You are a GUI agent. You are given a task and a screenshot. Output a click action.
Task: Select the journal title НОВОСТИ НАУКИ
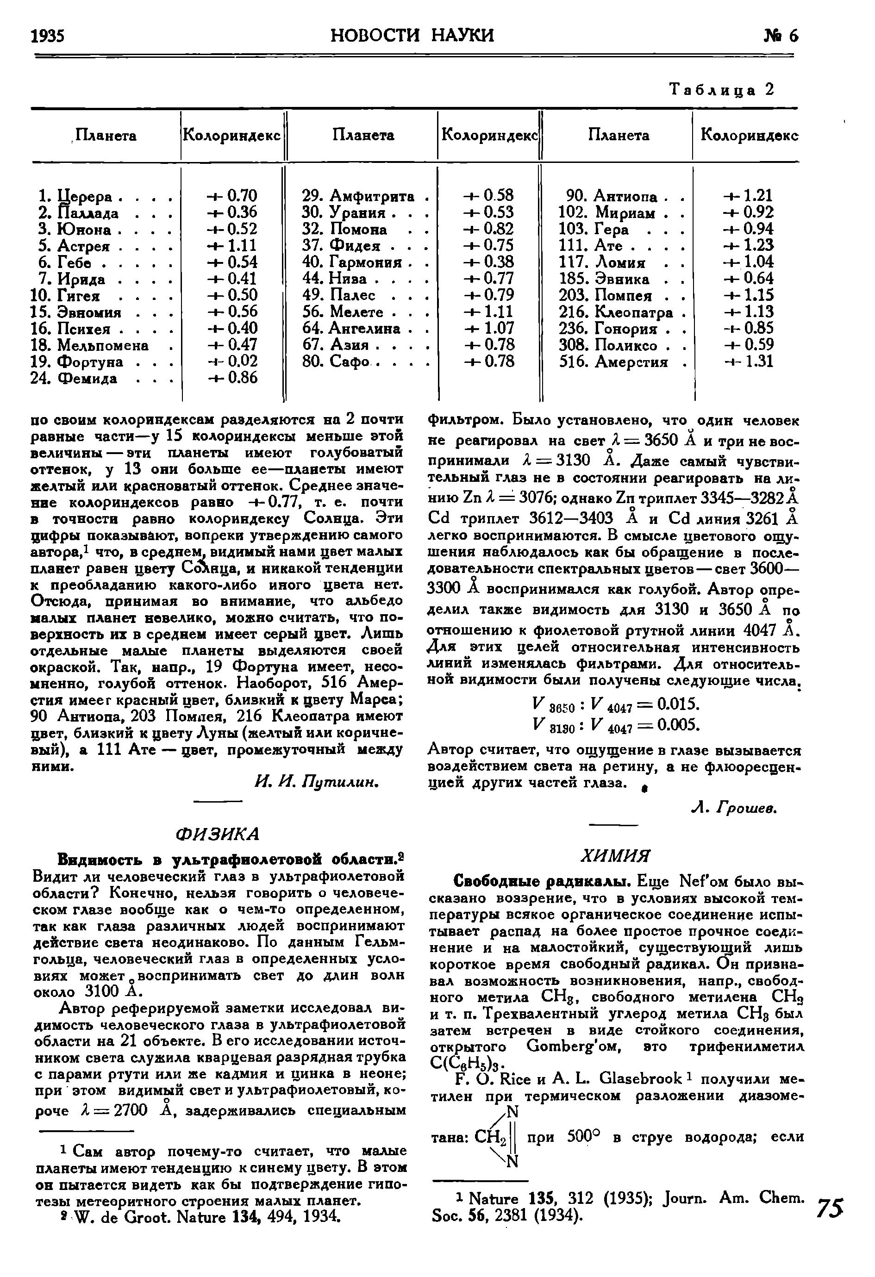pos(413,35)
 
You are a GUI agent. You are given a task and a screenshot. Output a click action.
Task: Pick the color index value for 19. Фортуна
pos(232,361)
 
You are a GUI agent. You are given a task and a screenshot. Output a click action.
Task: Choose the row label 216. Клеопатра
pos(616,312)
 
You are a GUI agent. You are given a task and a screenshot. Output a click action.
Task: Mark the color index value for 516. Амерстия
pos(748,361)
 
